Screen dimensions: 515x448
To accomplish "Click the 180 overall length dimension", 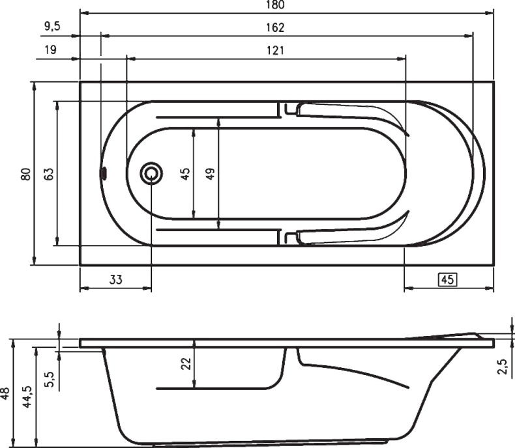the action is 275,5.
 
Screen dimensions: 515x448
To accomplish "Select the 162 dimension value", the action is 275,27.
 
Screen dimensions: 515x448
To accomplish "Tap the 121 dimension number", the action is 275,51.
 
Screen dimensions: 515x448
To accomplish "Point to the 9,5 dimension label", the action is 53,26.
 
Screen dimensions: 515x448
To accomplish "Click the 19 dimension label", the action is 51,50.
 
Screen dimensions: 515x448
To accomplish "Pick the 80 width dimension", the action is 26,174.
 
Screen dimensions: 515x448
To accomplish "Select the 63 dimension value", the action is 49,174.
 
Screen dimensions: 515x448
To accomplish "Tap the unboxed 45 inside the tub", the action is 185,174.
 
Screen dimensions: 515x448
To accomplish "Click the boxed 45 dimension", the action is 448,280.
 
